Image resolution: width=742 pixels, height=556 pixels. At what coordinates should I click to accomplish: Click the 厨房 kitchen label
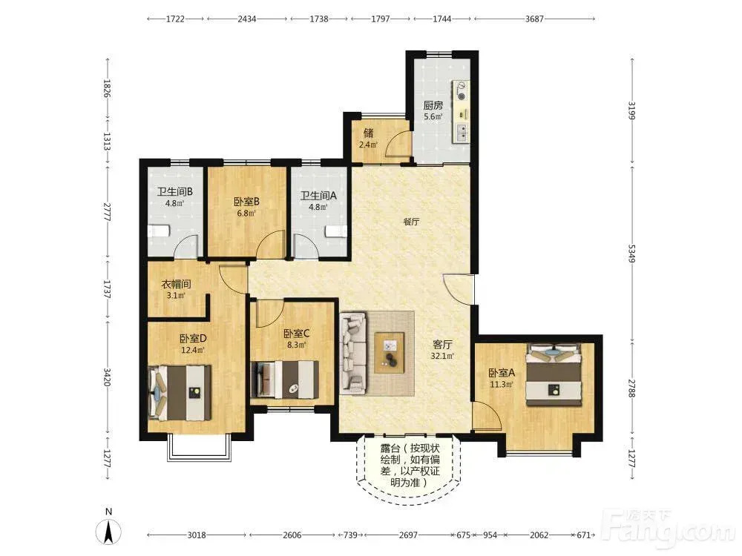point(433,105)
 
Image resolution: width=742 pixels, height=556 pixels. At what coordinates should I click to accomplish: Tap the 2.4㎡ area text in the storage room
point(368,145)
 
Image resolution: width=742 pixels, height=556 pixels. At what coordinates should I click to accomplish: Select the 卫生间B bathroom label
point(174,191)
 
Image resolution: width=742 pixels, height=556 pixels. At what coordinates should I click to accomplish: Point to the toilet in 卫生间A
point(335,231)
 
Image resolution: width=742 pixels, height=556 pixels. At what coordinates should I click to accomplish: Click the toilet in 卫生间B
point(159,231)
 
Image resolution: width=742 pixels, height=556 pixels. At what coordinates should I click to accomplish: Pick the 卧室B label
point(246,202)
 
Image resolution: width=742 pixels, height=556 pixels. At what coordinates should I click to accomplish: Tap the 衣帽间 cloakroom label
point(176,284)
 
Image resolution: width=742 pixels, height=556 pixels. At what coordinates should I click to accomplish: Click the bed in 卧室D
point(180,394)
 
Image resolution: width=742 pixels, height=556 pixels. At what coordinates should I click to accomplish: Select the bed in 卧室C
point(285,380)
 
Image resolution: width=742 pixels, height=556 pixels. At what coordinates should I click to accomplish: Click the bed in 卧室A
point(554,374)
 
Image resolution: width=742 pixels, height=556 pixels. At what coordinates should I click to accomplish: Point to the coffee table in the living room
point(390,353)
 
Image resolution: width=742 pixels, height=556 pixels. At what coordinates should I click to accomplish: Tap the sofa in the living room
point(353,353)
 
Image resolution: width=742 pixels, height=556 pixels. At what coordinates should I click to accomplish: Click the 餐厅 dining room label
point(411,221)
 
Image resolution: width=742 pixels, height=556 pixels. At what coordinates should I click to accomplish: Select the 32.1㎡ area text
point(442,356)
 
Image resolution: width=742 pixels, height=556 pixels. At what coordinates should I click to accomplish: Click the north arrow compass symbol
point(108,532)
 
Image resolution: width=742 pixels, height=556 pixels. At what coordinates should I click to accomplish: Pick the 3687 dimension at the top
point(534,19)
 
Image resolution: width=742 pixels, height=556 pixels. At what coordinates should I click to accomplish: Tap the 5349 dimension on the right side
point(631,253)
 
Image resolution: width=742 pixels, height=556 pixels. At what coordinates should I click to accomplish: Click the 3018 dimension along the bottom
point(197,535)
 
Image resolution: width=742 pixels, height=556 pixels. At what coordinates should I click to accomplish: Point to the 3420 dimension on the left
point(107,377)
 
